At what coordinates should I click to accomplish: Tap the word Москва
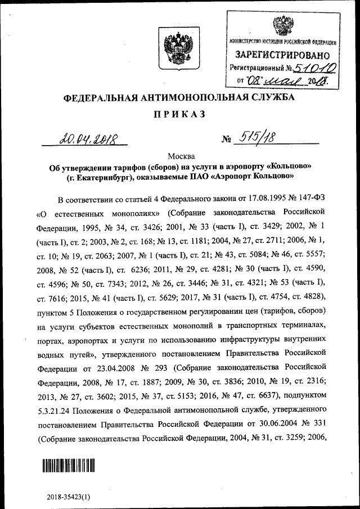pos(179,156)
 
